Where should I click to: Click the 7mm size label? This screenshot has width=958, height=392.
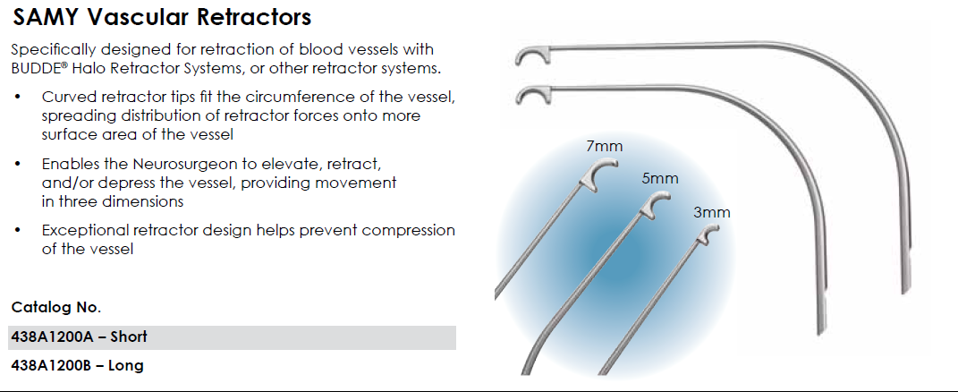605,146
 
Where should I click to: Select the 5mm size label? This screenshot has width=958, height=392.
660,178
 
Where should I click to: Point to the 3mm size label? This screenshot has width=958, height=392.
712,213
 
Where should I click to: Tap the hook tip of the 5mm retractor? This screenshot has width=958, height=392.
655,205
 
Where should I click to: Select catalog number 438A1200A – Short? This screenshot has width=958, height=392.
79,337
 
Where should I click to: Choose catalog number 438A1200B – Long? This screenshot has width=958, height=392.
77,365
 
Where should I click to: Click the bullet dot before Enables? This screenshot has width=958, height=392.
17,165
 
